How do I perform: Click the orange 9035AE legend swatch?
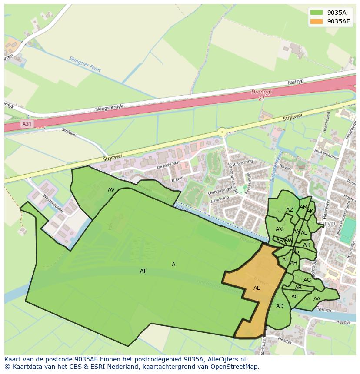click(317, 22)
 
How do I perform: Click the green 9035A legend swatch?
click(317, 13)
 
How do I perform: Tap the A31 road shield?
click(27, 124)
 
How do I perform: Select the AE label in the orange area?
click(257, 288)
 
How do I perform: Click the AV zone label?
click(111, 189)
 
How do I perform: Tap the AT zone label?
click(143, 271)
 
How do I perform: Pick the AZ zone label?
click(290, 210)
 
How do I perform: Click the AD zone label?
click(280, 306)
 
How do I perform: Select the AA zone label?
click(317, 298)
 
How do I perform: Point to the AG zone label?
click(307, 280)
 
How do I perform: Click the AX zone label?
click(279, 229)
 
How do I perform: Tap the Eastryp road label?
click(296, 82)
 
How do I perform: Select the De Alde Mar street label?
click(168, 165)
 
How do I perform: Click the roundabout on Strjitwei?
click(222, 131)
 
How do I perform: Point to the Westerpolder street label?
click(53, 202)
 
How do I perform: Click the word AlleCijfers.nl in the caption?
click(227, 359)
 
